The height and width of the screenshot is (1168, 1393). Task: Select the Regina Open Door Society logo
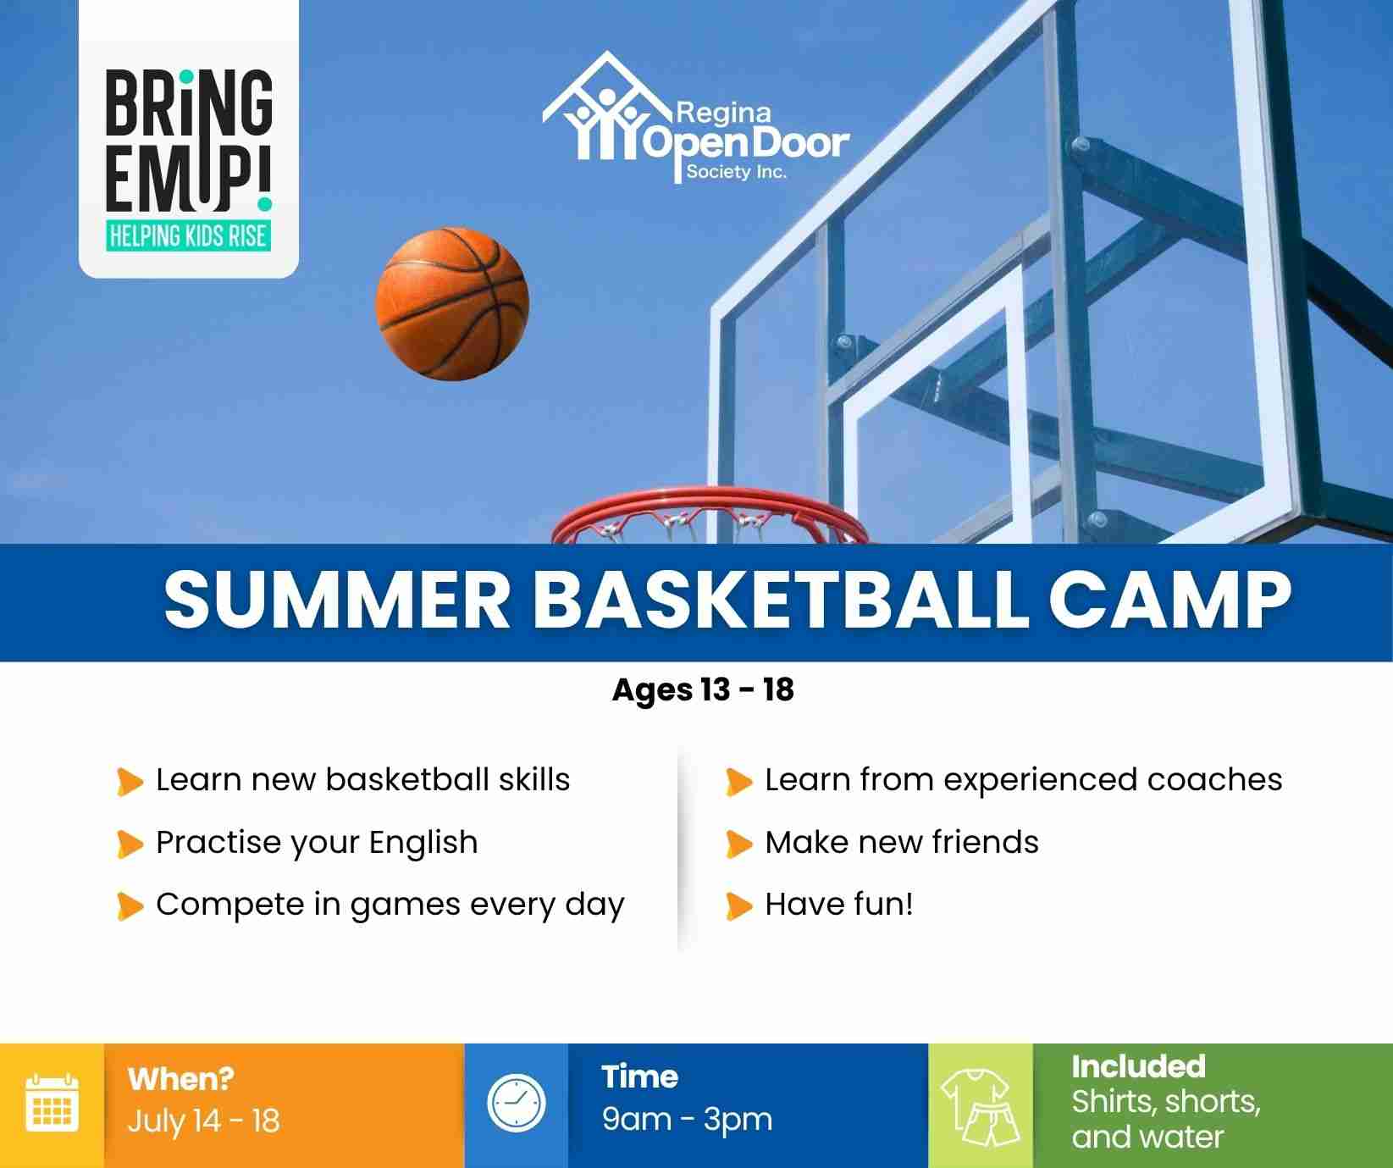click(695, 119)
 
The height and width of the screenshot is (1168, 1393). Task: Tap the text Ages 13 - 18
click(703, 690)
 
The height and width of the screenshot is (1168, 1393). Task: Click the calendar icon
click(53, 1102)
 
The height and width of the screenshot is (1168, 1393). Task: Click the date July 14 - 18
click(203, 1121)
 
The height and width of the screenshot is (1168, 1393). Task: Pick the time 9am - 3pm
click(687, 1120)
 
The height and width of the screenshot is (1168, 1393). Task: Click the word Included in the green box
click(1138, 1066)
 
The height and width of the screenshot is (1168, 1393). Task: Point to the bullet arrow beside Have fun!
click(739, 906)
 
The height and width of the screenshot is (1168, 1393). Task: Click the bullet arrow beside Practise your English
click(130, 844)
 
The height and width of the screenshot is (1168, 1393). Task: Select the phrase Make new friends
click(902, 843)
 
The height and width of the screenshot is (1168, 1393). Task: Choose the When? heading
click(180, 1079)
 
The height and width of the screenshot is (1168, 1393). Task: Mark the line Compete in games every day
click(390, 905)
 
